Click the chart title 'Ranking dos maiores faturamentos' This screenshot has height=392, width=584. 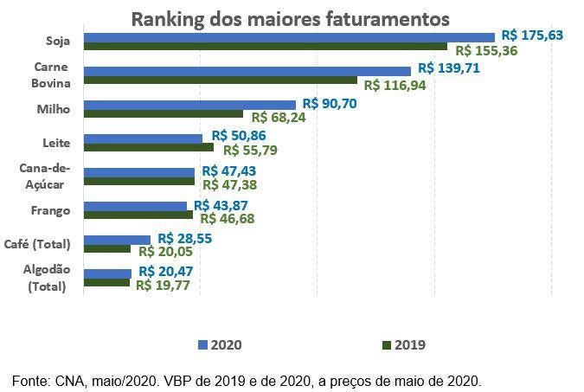click(x=290, y=18)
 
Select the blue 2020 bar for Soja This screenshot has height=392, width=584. click(x=289, y=37)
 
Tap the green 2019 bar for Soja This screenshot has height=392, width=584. click(x=265, y=47)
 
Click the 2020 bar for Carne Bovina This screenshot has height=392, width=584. click(x=247, y=71)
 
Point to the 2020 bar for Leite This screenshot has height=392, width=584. click(x=143, y=138)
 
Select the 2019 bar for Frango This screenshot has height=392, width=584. click(x=138, y=215)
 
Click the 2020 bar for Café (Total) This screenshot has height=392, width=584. click(x=117, y=240)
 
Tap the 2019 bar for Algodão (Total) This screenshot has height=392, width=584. click(x=106, y=282)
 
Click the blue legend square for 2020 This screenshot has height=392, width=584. click(x=203, y=344)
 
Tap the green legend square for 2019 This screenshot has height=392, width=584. click(x=387, y=344)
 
